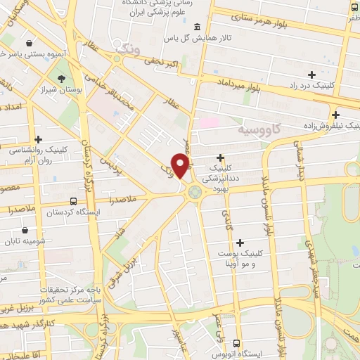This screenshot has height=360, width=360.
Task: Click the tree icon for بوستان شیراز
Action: click(61, 79)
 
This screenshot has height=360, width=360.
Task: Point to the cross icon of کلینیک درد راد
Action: click(311, 74)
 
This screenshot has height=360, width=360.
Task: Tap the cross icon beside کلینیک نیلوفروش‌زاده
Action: click(336, 115)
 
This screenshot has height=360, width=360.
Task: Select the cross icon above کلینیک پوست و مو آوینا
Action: click(242, 243)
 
